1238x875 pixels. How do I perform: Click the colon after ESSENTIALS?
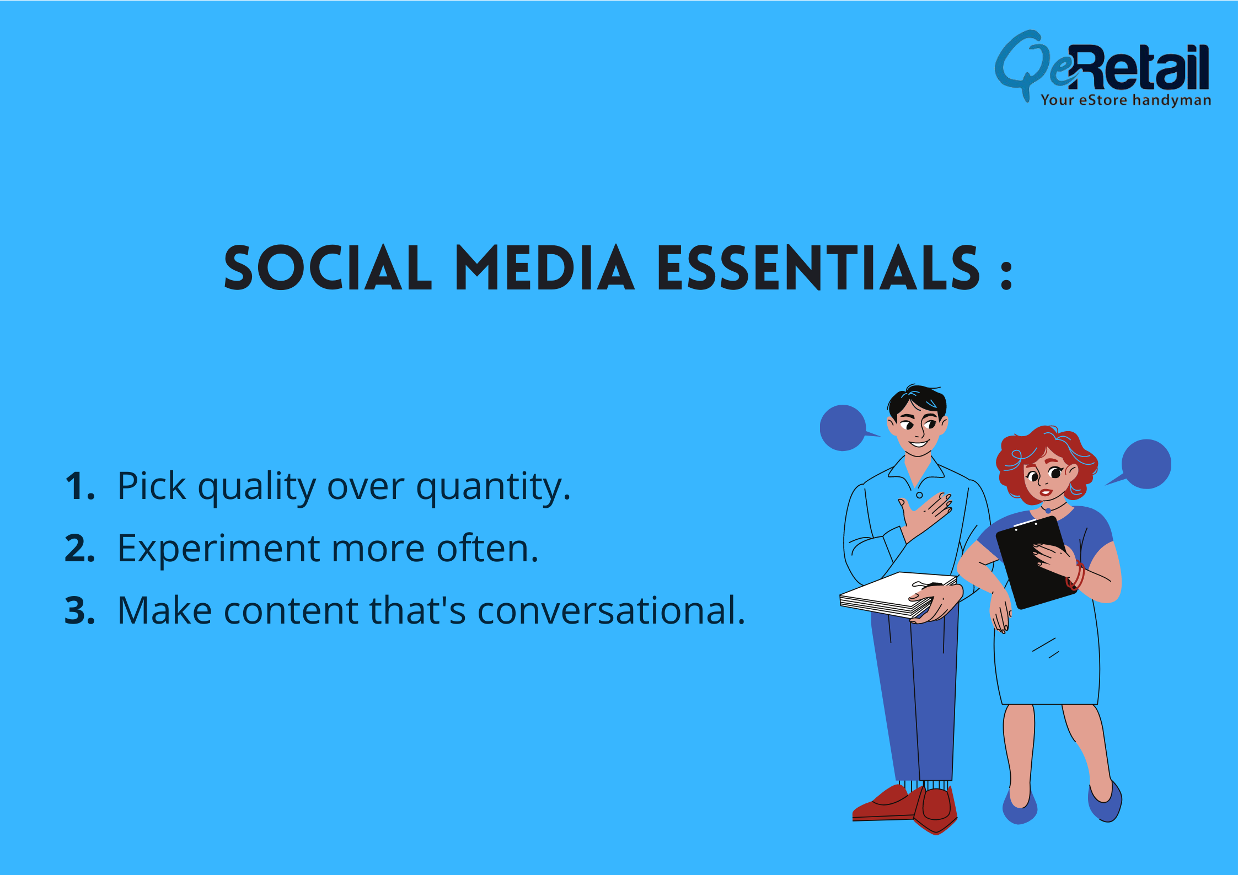pyautogui.click(x=1006, y=273)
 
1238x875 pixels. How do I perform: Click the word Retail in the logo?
pyautogui.click(x=1139, y=67)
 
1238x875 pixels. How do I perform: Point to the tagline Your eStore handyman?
pyautogui.click(x=1126, y=100)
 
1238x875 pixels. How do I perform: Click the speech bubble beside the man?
pyautogui.click(x=844, y=428)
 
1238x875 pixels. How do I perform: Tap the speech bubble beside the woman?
pyautogui.click(x=1144, y=464)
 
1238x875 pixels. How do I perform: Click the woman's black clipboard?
pyautogui.click(x=1035, y=562)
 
